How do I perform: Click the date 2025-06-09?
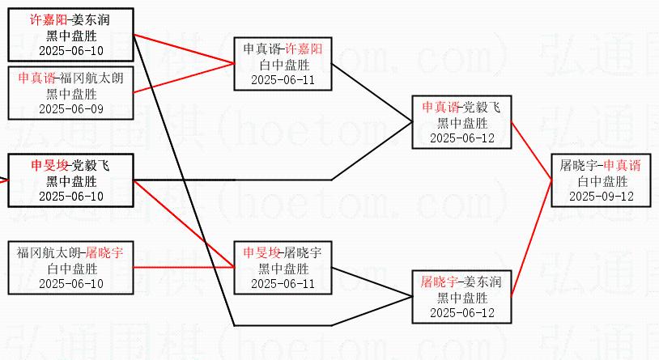pyautogui.click(x=71, y=109)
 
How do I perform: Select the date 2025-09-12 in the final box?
pyautogui.click(x=601, y=196)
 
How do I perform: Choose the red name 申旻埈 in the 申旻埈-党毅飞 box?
pyautogui.click(x=49, y=166)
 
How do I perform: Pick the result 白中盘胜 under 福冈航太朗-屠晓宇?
pyautogui.click(x=71, y=268)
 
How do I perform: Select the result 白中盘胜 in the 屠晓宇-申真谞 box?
pyautogui.click(x=601, y=181)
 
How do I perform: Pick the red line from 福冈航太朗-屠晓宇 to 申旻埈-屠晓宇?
pyautogui.click(x=182, y=267)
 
